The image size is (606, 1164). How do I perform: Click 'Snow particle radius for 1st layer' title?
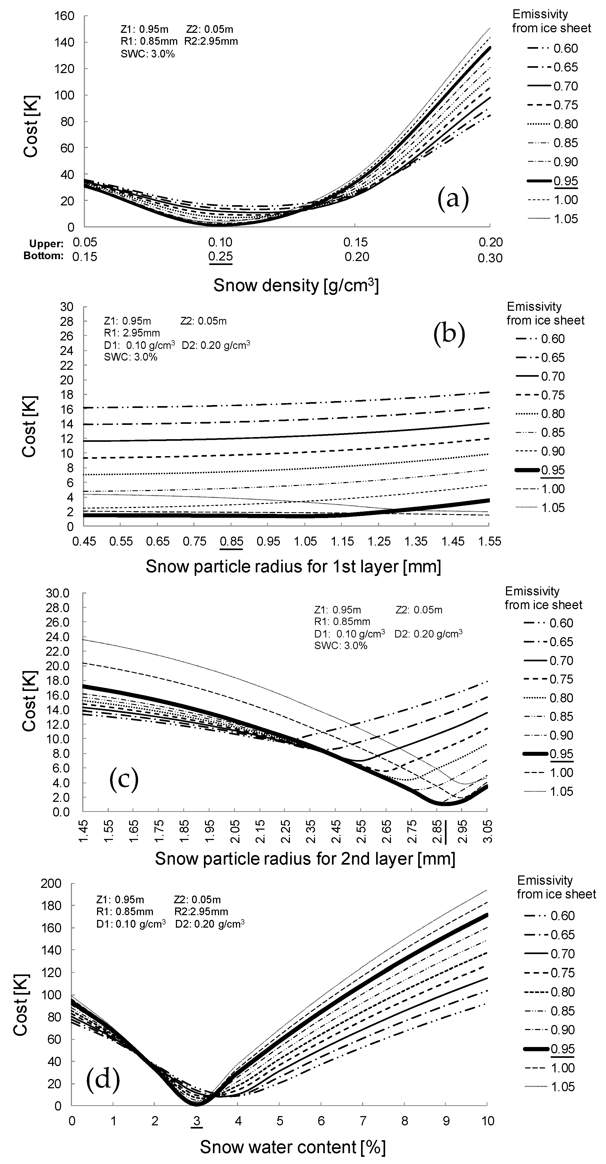pyautogui.click(x=293, y=566)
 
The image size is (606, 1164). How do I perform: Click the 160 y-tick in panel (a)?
pyautogui.click(x=65, y=16)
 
